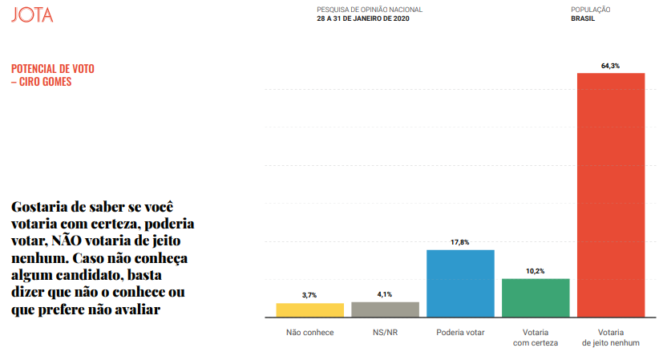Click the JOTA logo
pos(33,14)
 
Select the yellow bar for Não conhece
pos(309,309)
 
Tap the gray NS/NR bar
pos(385,309)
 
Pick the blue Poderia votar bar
pos(460,283)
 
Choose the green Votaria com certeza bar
pos(536,297)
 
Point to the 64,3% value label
pos(611,66)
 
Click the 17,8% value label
pos(460,242)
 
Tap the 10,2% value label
pos(536,271)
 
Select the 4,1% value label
pos(385,294)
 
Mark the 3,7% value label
pos(309,295)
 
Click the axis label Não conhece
pos(309,332)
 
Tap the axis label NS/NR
pos(385,332)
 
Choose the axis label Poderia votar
pos(460,332)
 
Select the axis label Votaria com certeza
pos(536,338)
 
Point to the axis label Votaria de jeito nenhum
pos(611,338)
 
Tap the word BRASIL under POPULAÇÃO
pos(583,18)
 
